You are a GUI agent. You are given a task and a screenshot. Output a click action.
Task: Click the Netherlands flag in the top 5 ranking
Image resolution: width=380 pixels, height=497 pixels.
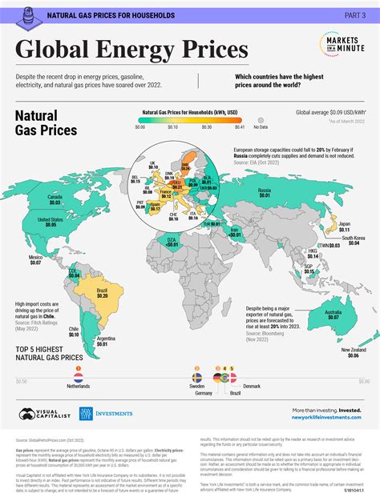point(78,375)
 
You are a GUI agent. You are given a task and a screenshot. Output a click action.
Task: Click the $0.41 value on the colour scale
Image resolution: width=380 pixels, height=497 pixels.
point(239,126)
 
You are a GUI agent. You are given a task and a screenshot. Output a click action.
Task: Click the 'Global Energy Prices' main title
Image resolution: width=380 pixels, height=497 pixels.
point(132,50)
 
